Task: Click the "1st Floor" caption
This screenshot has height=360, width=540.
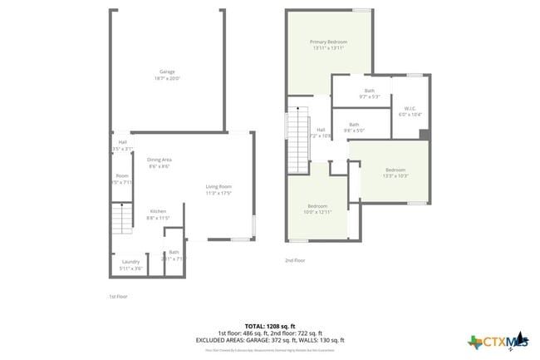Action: point(119,296)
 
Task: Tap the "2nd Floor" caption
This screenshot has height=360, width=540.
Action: point(295,260)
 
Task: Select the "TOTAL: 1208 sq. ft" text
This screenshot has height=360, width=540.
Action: point(270,325)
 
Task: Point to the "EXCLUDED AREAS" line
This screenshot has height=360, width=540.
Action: point(270,340)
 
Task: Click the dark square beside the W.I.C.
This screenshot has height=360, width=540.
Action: point(424,135)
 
